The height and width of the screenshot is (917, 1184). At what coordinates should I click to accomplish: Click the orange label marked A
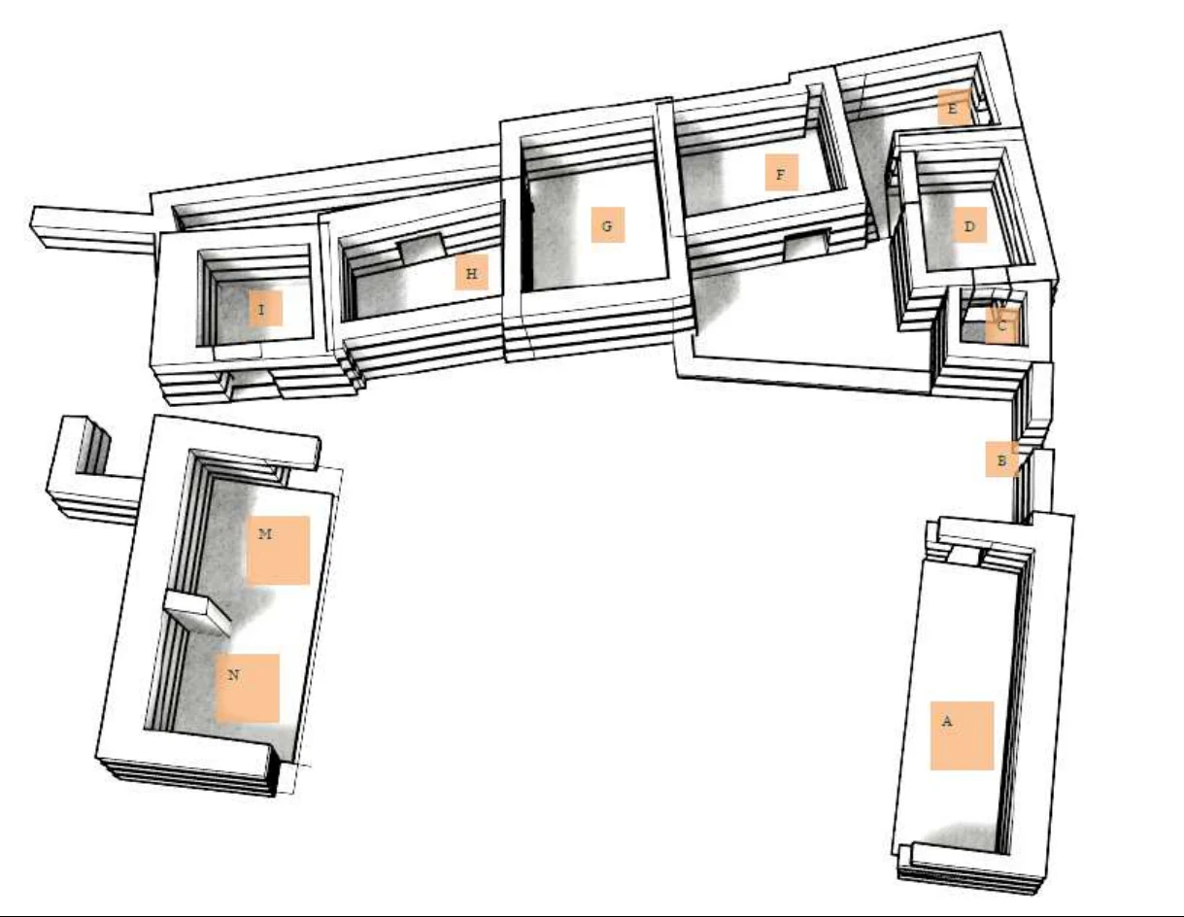click(962, 735)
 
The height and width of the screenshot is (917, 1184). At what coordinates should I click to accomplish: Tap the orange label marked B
click(1001, 459)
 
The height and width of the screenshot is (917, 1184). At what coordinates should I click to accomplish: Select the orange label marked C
click(1001, 325)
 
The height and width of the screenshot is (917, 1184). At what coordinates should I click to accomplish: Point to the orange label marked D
click(969, 225)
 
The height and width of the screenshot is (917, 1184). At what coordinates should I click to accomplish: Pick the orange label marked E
click(954, 108)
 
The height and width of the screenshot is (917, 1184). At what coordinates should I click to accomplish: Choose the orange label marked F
click(781, 173)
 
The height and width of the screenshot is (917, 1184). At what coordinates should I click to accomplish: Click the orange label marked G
click(608, 224)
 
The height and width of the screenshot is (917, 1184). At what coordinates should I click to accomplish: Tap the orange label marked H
click(472, 272)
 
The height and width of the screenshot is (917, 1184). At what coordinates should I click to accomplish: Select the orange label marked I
click(265, 308)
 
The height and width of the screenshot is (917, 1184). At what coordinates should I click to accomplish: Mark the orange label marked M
click(279, 551)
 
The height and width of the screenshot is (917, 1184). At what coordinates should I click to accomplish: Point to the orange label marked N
click(248, 689)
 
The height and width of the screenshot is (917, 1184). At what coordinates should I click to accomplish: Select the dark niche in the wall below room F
click(806, 245)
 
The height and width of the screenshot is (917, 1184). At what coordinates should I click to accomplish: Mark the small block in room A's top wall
click(964, 556)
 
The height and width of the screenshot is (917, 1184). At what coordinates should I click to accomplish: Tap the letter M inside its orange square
click(265, 534)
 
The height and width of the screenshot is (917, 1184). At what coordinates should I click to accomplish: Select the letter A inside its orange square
click(947, 722)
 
